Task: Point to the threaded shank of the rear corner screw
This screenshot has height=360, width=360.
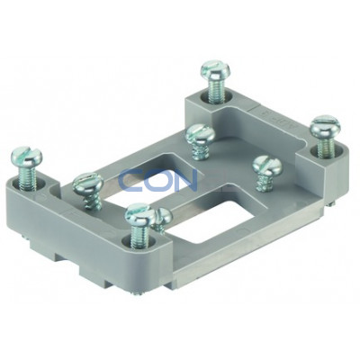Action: pyautogui.click(x=215, y=87)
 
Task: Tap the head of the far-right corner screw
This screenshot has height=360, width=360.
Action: pyautogui.click(x=325, y=127)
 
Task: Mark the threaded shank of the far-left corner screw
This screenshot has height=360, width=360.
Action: pyautogui.click(x=27, y=177)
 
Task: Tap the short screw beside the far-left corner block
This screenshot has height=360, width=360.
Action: pyautogui.click(x=88, y=190)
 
